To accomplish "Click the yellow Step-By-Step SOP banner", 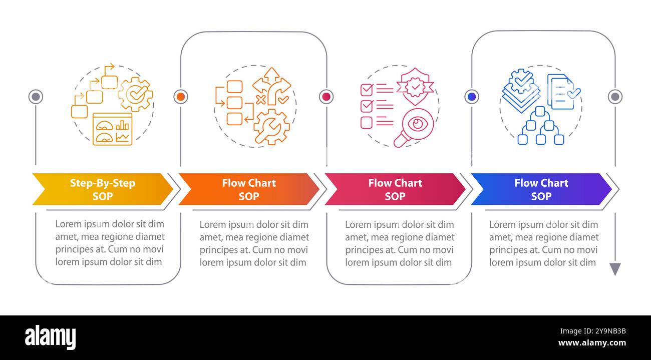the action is (103, 189).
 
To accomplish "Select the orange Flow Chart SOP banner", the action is (249, 189).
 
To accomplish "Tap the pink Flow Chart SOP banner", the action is (395, 189).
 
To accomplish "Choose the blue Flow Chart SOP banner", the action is (541, 189).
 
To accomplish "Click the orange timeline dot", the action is (181, 97).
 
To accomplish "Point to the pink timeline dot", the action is (326, 97).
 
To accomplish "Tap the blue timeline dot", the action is (471, 97).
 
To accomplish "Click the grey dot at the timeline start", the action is (36, 97).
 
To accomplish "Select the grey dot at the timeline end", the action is (615, 97).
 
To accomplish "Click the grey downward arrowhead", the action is (615, 268).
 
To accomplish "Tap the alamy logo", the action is (50, 337).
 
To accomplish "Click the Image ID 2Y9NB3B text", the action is (593, 331).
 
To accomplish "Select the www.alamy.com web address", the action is (592, 343).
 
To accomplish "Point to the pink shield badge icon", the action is (415, 86).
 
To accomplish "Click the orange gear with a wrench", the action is (272, 127).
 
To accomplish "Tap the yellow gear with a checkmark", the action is (135, 94).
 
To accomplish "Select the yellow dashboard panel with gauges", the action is (112, 129).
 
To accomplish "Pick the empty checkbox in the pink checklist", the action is (367, 123).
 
